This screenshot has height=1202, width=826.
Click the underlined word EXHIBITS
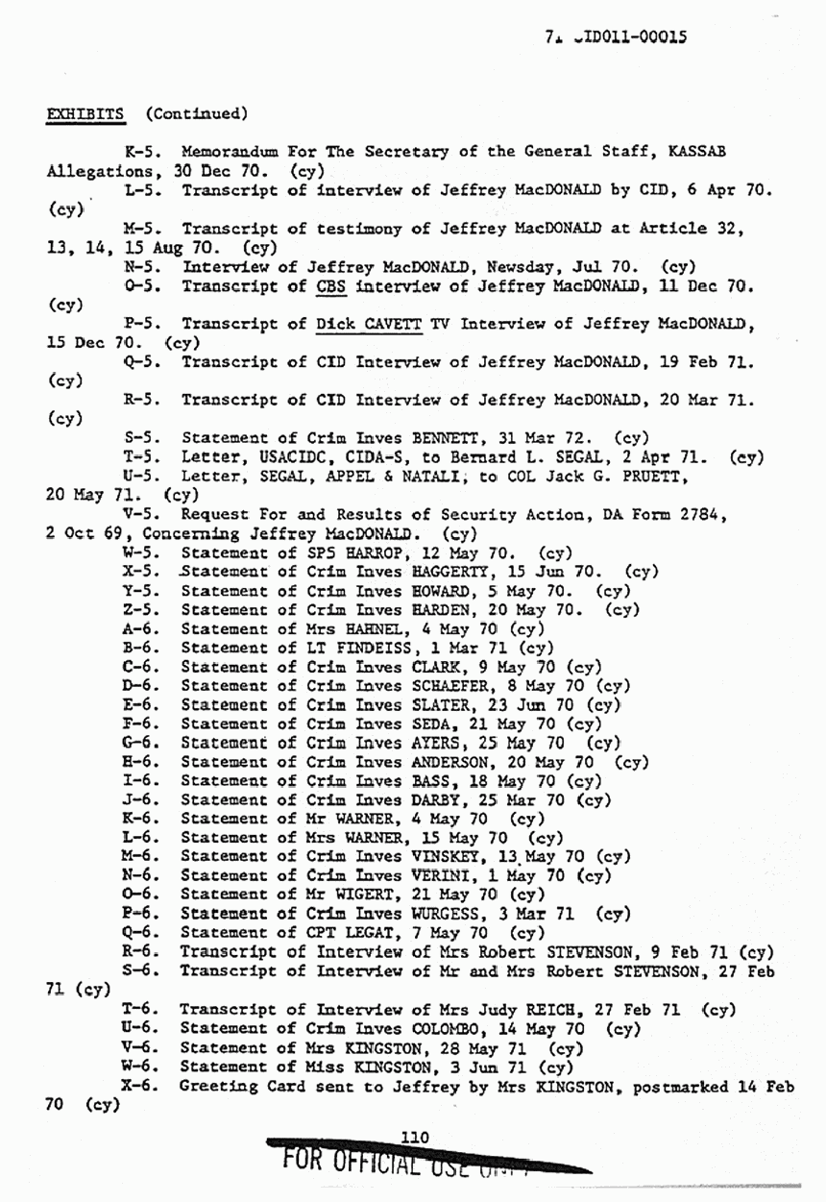(87, 113)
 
